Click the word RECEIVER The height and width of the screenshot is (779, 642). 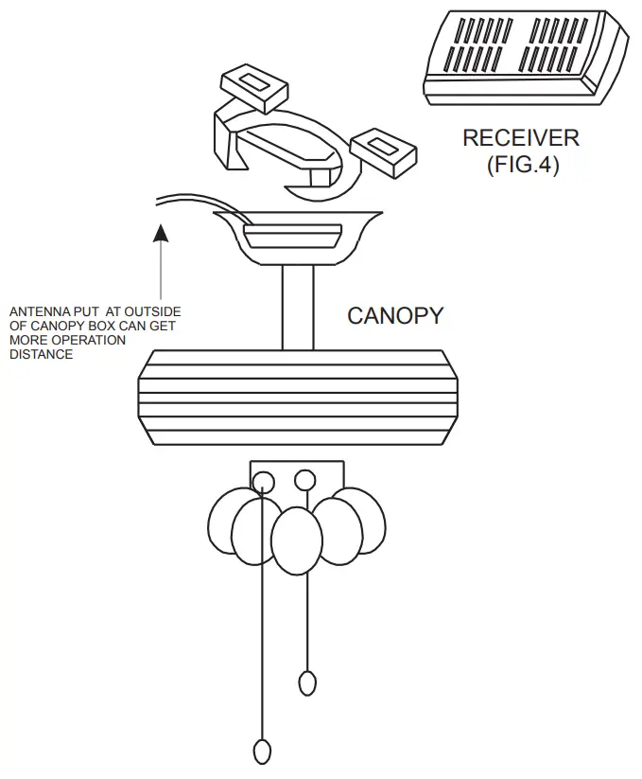[x=520, y=138]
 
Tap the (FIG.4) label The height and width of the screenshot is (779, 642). [x=522, y=165]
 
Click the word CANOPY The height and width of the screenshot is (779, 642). [x=394, y=316]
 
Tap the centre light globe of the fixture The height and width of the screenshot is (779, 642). [x=297, y=540]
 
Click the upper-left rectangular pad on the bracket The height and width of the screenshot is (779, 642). [x=252, y=86]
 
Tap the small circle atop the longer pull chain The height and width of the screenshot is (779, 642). [x=263, y=483]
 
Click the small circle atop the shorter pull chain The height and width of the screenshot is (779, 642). [x=304, y=480]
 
